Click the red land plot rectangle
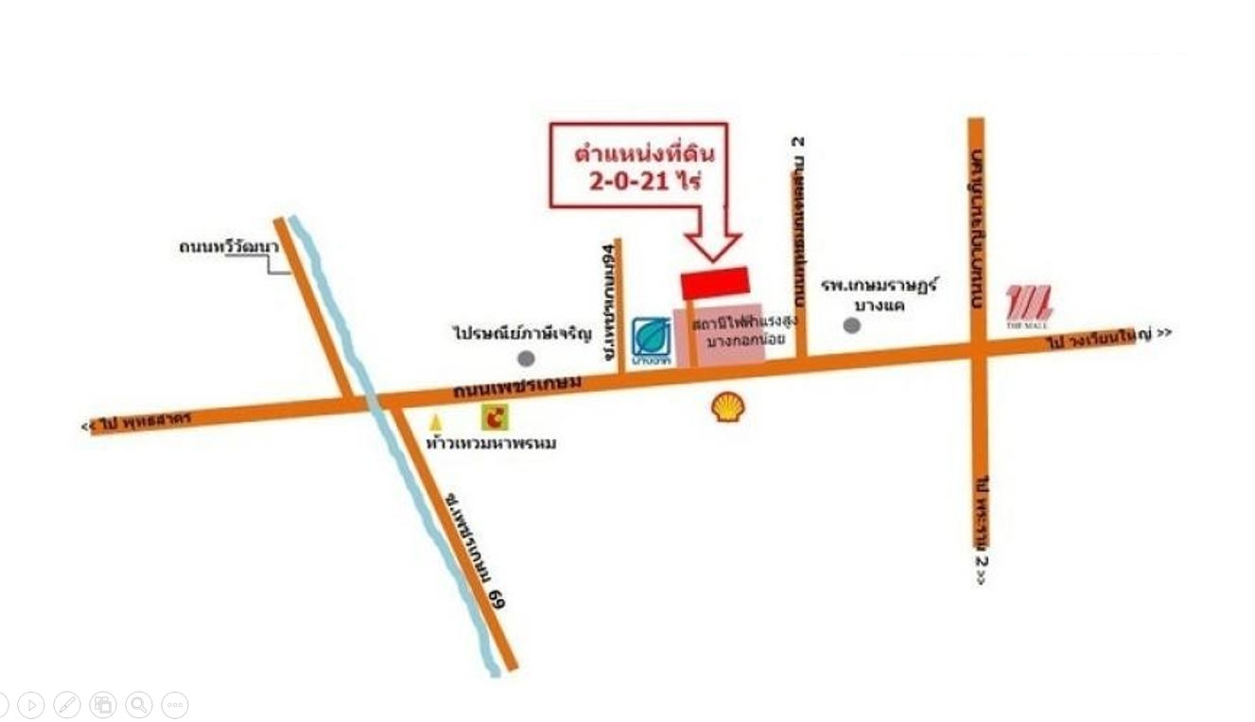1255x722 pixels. [x=715, y=283]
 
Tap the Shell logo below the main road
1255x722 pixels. [x=727, y=408]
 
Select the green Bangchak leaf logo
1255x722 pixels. [x=651, y=340]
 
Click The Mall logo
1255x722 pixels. [x=1029, y=306]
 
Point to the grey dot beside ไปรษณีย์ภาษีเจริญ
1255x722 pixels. [x=527, y=359]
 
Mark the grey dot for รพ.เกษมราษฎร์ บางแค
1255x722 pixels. [x=852, y=326]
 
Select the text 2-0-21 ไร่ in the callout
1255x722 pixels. [x=645, y=181]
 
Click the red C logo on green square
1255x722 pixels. [x=495, y=417]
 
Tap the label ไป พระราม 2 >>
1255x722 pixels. [x=981, y=530]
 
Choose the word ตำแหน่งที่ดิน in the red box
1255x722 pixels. [x=645, y=153]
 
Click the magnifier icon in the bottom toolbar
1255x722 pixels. [x=139, y=704]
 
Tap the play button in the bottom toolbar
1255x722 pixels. [x=31, y=704]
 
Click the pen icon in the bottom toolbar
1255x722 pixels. [x=67, y=704]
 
